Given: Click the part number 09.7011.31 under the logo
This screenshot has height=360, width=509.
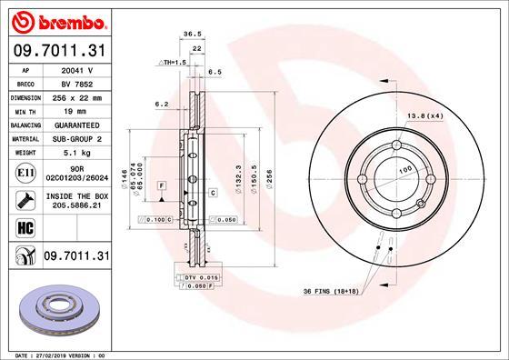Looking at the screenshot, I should pos(56,50).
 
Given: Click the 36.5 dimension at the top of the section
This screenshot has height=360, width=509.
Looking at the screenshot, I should pos(192,33).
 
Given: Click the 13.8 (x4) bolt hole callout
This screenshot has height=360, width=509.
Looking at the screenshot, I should pos(424,115).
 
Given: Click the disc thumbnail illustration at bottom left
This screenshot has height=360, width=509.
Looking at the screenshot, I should pos(56,305).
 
